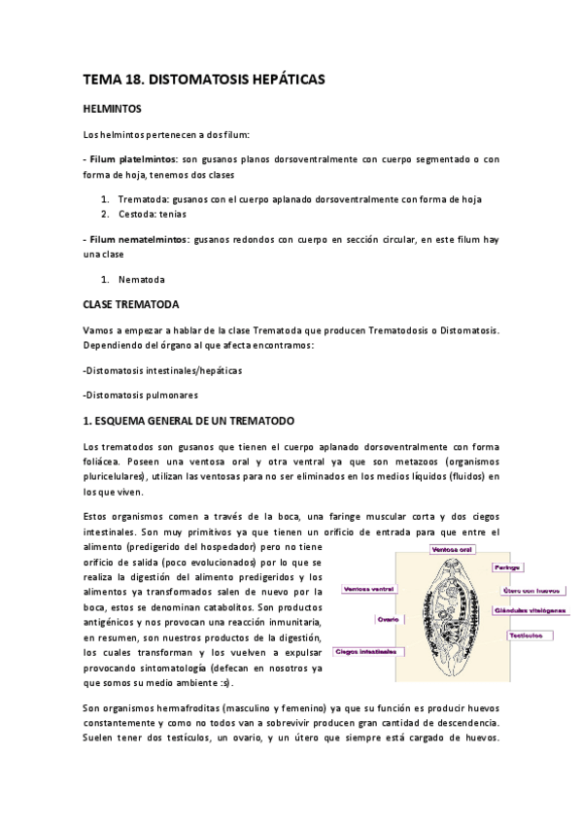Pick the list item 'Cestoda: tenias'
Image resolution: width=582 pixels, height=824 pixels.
[153, 214]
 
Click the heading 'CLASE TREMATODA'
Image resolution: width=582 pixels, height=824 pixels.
[131, 305]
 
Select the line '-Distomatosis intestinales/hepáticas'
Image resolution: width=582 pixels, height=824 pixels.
[163, 370]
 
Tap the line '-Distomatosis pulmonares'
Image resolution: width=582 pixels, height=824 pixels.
[141, 395]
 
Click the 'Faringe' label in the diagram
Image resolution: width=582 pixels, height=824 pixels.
[509, 566]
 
